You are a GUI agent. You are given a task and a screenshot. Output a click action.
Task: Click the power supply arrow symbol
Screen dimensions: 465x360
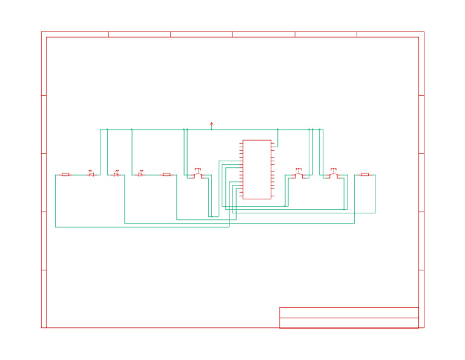tap(211, 124)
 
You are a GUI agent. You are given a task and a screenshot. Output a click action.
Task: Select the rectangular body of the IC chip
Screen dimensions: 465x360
tap(257, 169)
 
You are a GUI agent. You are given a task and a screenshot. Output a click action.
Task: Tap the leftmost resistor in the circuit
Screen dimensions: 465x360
tap(65, 175)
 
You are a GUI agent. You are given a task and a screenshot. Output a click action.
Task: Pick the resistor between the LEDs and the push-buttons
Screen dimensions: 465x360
tap(167, 175)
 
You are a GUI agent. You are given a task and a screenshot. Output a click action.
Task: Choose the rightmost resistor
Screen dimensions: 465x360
tap(364, 175)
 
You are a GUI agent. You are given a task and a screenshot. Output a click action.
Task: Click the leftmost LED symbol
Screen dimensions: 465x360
tap(91, 175)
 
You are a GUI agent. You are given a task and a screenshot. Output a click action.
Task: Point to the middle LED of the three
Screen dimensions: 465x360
tap(116, 175)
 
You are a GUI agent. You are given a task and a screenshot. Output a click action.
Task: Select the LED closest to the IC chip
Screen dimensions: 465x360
tap(140, 175)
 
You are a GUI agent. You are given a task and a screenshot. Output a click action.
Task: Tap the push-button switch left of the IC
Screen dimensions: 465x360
tap(198, 174)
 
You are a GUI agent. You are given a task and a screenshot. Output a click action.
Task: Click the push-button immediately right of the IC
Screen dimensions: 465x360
tap(298, 174)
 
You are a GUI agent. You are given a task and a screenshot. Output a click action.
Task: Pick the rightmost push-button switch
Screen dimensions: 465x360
tap(333, 174)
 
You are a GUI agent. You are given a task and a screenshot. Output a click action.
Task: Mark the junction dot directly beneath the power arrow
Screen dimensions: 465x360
tap(211, 130)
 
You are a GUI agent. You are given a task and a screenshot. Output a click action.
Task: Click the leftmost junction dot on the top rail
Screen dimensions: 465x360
tap(107, 130)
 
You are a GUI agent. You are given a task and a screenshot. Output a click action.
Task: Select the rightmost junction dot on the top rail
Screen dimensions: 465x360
tap(320, 130)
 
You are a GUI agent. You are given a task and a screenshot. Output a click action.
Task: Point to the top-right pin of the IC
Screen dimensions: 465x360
tap(273, 143)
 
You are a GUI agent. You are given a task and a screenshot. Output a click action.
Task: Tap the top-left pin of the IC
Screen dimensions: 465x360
tap(241, 143)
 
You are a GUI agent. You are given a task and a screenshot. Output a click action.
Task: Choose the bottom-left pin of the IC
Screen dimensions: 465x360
tap(241, 196)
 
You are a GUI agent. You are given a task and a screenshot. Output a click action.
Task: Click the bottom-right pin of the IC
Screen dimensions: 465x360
tap(273, 196)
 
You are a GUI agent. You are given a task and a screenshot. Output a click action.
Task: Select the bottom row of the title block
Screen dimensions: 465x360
tap(349, 323)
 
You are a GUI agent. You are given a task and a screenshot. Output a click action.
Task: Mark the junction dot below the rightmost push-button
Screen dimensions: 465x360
tap(344, 210)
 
